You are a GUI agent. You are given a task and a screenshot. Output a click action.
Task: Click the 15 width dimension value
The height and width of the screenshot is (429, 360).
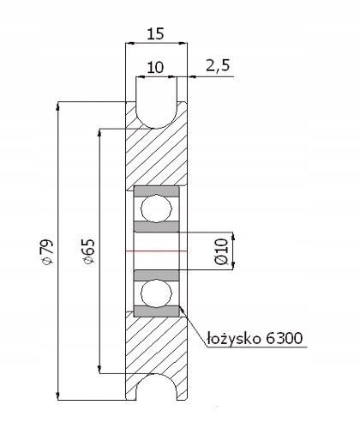(156, 33)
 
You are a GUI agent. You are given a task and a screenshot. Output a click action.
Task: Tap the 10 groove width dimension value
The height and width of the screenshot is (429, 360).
(156, 68)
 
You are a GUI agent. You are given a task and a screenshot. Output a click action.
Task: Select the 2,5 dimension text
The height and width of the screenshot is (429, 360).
(218, 66)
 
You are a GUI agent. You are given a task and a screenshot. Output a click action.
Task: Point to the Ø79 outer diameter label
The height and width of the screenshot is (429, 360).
(47, 251)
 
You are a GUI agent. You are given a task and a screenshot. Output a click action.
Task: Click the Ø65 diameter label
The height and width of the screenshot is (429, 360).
(88, 251)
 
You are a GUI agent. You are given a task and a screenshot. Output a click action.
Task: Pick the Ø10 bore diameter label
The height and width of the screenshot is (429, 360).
(222, 251)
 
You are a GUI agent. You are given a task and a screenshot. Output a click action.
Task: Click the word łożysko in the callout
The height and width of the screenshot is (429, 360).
(234, 338)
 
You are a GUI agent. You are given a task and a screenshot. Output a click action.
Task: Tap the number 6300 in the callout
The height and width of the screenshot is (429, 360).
(284, 338)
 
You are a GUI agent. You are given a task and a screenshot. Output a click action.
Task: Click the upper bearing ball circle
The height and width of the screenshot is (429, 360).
(157, 208)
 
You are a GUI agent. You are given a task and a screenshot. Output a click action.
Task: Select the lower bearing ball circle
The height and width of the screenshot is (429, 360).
(157, 293)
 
